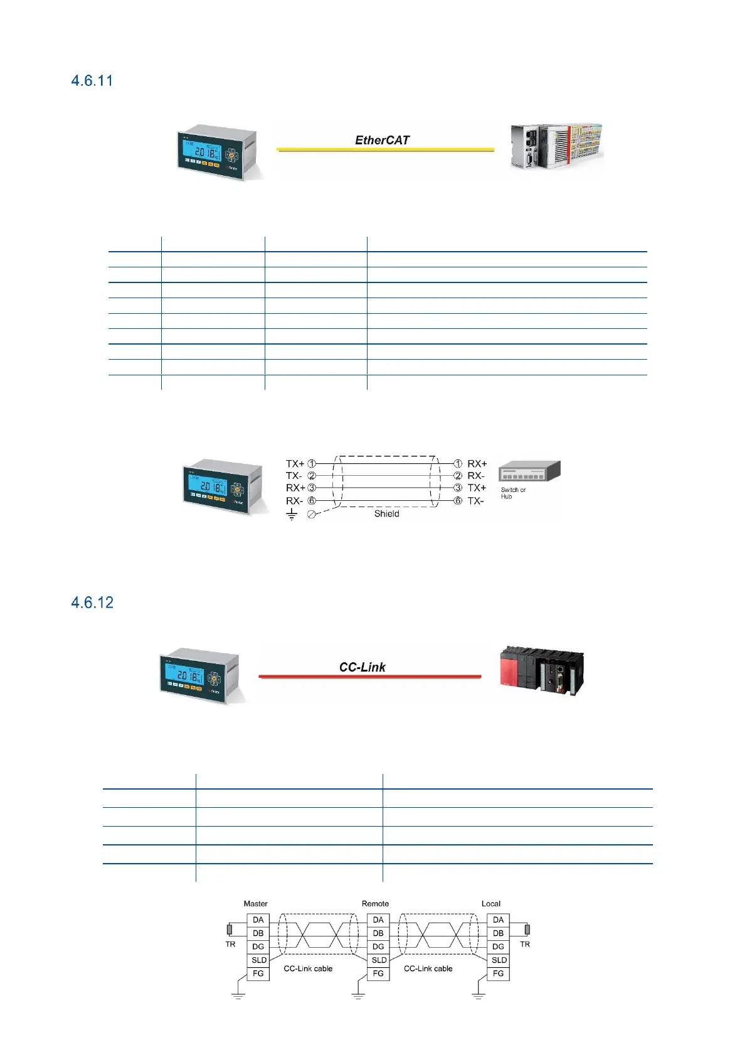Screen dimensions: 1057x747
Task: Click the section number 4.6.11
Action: pos(92,81)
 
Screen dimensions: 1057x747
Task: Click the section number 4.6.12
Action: pos(92,603)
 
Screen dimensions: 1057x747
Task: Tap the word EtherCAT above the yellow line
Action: pos(382,141)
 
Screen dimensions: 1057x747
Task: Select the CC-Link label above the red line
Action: pos(363,667)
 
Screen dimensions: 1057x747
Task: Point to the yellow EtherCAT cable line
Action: pos(385,150)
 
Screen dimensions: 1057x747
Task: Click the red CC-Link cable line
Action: pos(370,677)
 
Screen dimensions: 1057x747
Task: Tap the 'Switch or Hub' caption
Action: pos(513,493)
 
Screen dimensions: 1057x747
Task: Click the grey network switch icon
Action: pos(529,471)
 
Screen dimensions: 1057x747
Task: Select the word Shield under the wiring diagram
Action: pos(386,514)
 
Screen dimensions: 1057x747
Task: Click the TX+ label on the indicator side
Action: pos(295,464)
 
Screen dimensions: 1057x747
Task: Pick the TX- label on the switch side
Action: pos(475,501)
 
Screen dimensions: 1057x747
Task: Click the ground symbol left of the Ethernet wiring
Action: pos(292,515)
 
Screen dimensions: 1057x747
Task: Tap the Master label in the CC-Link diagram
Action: pos(255,904)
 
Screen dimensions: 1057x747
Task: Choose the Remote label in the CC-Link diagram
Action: pos(375,904)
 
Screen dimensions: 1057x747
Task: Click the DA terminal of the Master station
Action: pos(258,920)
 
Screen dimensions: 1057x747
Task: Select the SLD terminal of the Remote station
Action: pos(379,960)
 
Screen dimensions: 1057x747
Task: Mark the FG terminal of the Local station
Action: pos(498,974)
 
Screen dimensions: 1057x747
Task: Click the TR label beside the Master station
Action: pos(230,945)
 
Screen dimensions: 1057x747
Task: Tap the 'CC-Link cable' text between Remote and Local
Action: pos(428,969)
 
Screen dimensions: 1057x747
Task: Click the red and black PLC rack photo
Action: pos(542,671)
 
